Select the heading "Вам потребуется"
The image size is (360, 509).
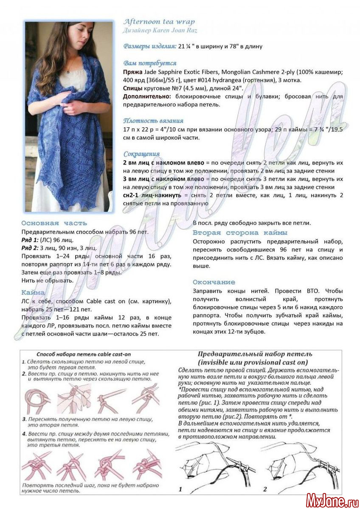coord(144,63)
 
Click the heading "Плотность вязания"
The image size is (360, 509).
coord(154,121)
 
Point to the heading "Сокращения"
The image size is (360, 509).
coord(142,154)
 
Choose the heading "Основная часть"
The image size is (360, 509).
coord(54,223)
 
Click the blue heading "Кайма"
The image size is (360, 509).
coord(33,293)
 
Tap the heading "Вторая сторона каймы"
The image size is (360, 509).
coord(240,232)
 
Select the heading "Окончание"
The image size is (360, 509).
coord(214,282)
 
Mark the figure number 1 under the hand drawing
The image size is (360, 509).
coord(180,489)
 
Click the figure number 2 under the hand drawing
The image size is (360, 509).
coord(265,489)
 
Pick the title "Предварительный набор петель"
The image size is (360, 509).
coord(255,354)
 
